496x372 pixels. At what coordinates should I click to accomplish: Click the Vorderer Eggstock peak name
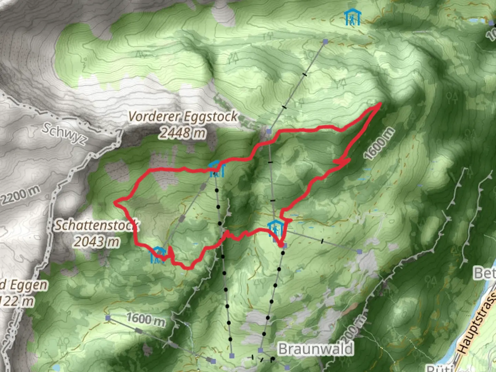coord(183,117)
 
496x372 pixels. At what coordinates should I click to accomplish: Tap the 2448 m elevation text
coord(183,132)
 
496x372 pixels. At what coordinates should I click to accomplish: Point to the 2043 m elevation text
coord(97,241)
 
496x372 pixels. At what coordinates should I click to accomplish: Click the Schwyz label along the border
coord(64,134)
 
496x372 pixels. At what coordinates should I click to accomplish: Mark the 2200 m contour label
coord(20,195)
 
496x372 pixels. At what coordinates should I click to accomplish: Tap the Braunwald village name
coord(316,349)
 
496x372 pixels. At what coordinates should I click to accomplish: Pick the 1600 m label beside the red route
coord(379,144)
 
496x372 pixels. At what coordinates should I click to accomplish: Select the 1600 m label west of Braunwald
coord(146,319)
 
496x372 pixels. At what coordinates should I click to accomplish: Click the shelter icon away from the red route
coord(352,17)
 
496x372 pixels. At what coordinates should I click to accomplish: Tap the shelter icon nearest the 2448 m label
coord(217,169)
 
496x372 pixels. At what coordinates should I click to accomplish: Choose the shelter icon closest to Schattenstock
coord(158,255)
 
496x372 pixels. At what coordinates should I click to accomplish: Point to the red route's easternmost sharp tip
coord(380,103)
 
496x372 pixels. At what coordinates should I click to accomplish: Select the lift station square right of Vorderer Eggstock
coord(269,131)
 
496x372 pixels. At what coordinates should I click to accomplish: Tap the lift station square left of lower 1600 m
coord(108,318)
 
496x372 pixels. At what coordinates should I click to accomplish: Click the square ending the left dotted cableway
coord(232,355)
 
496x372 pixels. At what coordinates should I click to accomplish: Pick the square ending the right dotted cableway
coord(260,350)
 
